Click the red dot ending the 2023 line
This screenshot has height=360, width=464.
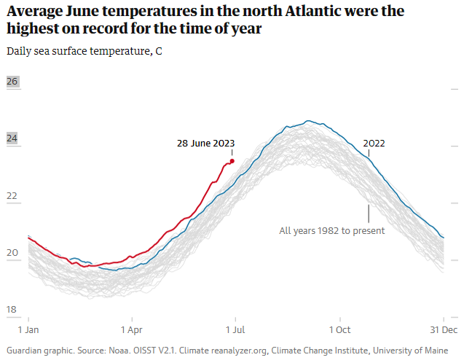click(x=232, y=161)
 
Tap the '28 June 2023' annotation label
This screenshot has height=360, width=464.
click(x=206, y=144)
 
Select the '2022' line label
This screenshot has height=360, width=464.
click(x=374, y=144)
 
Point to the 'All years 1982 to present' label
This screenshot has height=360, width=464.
click(x=332, y=231)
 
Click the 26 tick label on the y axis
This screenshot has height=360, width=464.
click(x=12, y=82)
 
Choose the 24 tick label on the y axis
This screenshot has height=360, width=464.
click(x=12, y=138)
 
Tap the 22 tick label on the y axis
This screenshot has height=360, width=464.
click(x=12, y=196)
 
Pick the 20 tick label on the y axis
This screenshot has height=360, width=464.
click(x=12, y=253)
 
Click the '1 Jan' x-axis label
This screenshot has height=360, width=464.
click(x=28, y=329)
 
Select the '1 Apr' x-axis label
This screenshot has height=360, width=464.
click(x=132, y=329)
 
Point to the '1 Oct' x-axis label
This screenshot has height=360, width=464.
click(x=339, y=329)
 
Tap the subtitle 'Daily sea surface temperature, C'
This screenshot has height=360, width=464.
click(x=84, y=52)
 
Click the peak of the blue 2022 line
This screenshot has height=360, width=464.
click(x=309, y=121)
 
